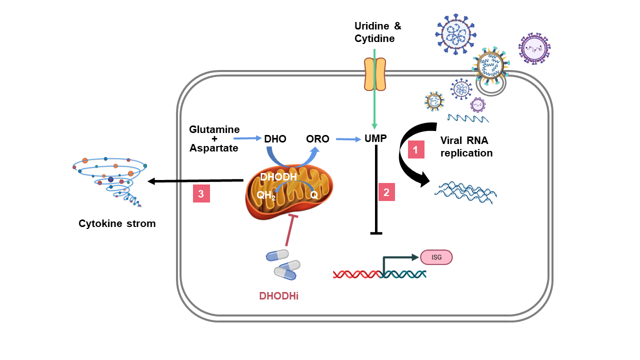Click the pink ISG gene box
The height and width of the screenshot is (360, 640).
pyautogui.click(x=436, y=257)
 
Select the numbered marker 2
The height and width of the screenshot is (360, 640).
pyautogui.click(x=386, y=192)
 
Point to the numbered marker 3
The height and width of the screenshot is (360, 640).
pyautogui.click(x=201, y=194)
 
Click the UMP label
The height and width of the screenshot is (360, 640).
pyautogui.click(x=375, y=138)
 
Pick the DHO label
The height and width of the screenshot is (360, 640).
pyautogui.click(x=275, y=139)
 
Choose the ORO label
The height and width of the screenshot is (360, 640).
pyautogui.click(x=318, y=139)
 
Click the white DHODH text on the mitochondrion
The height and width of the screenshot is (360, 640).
pyautogui.click(x=278, y=177)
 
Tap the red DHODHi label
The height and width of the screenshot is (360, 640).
pyautogui.click(x=278, y=295)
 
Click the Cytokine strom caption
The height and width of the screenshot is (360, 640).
pyautogui.click(x=117, y=223)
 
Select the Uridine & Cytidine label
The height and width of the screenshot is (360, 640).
pyautogui.click(x=377, y=32)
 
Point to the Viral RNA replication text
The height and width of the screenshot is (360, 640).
pyautogui.click(x=466, y=146)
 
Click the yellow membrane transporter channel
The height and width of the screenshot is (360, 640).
pyautogui.click(x=374, y=74)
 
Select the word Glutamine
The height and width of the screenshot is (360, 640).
pyautogui.click(x=214, y=129)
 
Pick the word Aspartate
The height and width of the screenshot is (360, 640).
pyautogui.click(x=213, y=148)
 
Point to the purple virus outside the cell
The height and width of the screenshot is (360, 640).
pyautogui.click(x=534, y=48)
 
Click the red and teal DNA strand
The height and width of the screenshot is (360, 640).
pyautogui.click(x=379, y=273)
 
